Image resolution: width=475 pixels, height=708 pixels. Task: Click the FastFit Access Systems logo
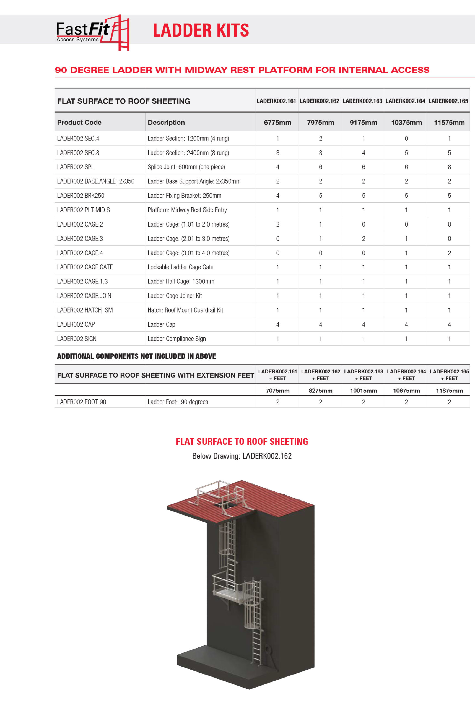(92, 32)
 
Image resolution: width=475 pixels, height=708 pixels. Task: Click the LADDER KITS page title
(201, 30)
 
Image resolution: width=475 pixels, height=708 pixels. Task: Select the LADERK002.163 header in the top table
(362, 101)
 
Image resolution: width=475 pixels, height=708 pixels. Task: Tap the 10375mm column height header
(406, 123)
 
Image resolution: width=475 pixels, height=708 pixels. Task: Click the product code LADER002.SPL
(76, 167)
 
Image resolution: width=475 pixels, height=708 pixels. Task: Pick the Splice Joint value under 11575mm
(449, 167)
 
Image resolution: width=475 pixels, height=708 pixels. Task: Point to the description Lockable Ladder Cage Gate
(180, 267)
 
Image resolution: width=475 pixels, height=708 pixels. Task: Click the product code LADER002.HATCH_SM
(85, 310)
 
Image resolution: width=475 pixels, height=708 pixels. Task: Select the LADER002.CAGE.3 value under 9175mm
(364, 239)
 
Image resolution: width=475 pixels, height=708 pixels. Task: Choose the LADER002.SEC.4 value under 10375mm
(406, 139)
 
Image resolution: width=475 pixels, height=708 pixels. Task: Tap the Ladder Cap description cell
(161, 324)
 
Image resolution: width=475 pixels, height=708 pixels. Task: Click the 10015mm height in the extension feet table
(364, 391)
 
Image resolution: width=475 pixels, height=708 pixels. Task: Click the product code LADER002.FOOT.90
(82, 402)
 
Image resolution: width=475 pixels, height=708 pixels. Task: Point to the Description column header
(166, 123)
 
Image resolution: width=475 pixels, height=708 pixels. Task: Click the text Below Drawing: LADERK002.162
(242, 456)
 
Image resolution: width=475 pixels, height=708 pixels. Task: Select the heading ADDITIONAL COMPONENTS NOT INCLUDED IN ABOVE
(136, 356)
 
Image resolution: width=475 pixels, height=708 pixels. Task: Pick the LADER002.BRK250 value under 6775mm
(277, 196)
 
